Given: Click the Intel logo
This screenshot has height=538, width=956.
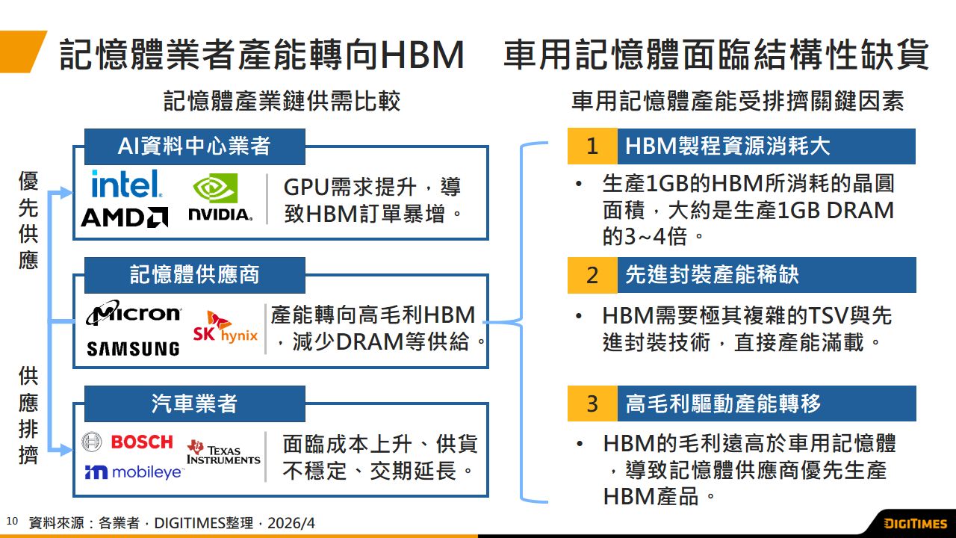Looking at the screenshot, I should coord(126,184).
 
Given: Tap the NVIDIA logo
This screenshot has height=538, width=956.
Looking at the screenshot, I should coord(220,199).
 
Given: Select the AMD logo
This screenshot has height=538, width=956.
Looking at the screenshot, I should coord(124,217).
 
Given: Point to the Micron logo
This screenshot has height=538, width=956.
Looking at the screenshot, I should coord(133,312).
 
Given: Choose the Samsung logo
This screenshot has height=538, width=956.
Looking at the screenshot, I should coord(133,349).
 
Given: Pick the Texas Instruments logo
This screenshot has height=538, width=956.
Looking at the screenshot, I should coord(223,451).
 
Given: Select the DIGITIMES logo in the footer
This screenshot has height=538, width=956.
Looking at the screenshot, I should coord(915,523).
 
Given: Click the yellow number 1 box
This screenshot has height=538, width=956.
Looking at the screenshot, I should coord(592,146).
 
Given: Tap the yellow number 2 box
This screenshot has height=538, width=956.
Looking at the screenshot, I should coord(592,275).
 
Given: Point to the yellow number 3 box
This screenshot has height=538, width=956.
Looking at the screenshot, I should coord(592,403).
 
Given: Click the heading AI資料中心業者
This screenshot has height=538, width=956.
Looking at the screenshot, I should coord(194,146).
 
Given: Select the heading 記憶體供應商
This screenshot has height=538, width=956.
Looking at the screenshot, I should coord(194,275).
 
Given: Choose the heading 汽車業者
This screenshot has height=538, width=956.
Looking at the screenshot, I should coord(194,404).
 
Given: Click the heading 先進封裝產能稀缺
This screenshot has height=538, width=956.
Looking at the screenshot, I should coord(712,275).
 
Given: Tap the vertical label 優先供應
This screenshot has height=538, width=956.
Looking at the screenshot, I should coord(28,220).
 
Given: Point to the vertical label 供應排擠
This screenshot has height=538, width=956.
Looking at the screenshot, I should coord(28,415).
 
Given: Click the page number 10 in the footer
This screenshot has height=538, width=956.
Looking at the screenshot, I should coord(11,521).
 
